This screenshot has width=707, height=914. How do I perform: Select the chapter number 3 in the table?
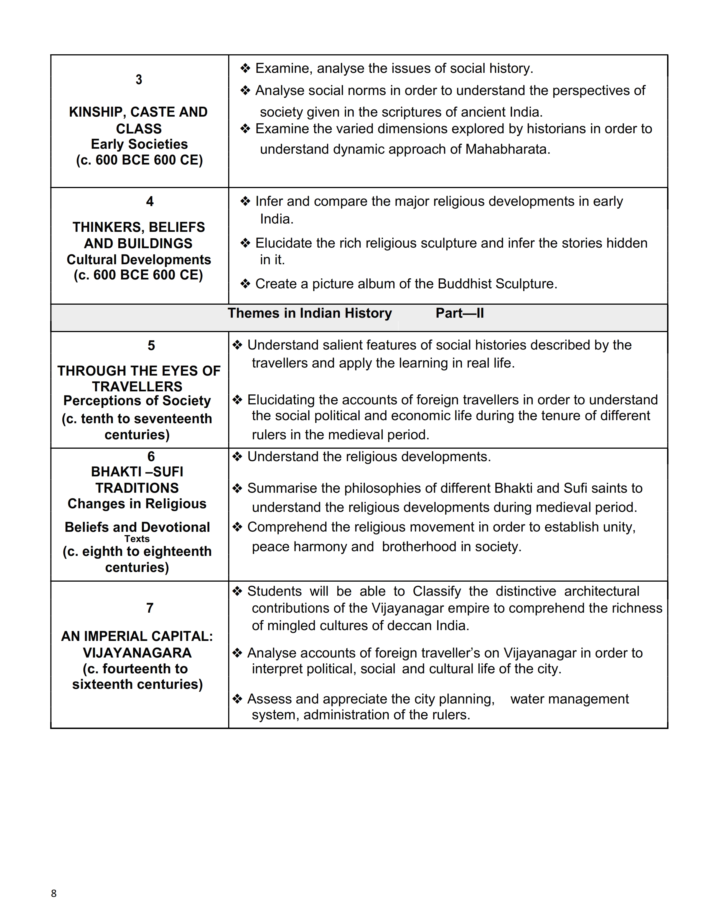click(139, 79)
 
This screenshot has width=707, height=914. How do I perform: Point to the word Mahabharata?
click(507, 149)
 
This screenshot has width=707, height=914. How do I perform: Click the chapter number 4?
click(149, 201)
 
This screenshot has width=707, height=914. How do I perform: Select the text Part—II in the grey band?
click(459, 313)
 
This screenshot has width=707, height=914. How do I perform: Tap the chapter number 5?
click(151, 345)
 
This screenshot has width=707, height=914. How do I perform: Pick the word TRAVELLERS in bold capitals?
click(137, 386)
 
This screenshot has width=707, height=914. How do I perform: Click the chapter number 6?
click(151, 456)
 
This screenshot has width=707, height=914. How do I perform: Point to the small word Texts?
click(137, 539)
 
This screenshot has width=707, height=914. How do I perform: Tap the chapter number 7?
click(149, 608)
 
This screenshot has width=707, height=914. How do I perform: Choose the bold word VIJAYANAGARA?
click(137, 653)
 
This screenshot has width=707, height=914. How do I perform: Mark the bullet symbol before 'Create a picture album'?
click(245, 284)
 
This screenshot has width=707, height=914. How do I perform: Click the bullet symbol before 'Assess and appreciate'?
click(238, 699)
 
